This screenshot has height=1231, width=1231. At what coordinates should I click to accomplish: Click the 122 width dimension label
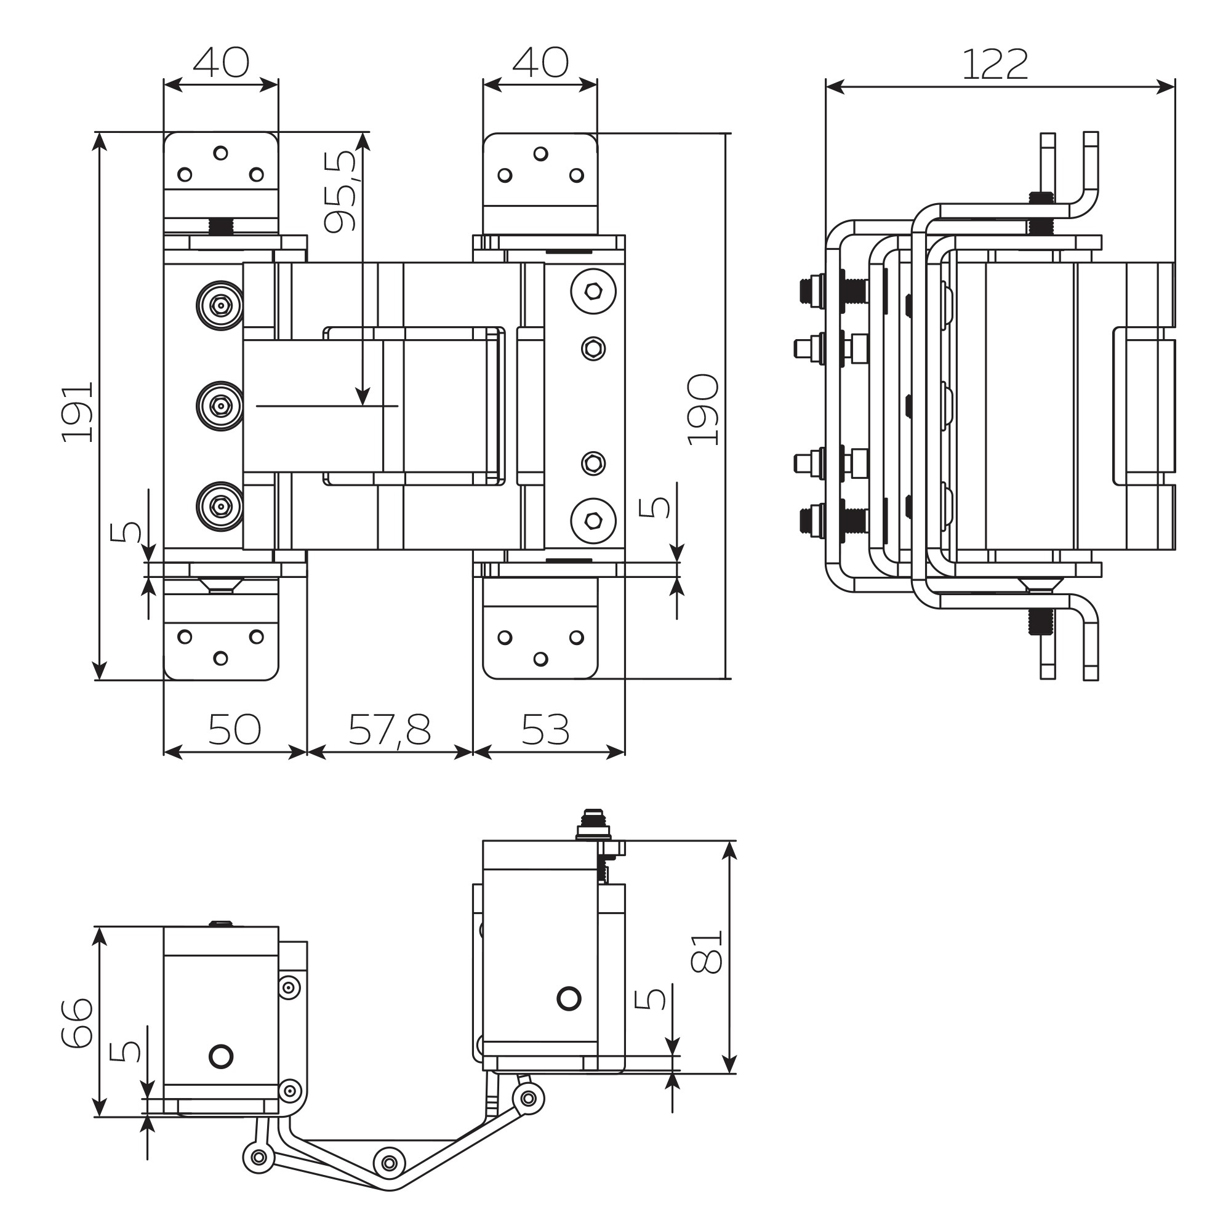(x=995, y=65)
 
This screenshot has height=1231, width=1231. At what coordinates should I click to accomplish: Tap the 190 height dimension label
(x=704, y=409)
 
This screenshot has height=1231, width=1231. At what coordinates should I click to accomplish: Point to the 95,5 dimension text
(x=342, y=191)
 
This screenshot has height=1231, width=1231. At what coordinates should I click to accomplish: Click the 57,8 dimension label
(x=390, y=729)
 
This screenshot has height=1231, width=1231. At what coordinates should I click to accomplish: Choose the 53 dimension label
(x=545, y=729)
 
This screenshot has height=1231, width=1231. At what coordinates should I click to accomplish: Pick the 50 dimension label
(x=235, y=729)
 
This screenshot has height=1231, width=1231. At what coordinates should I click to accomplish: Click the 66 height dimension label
(x=78, y=1022)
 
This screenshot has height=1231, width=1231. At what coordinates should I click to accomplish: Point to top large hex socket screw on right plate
(x=593, y=291)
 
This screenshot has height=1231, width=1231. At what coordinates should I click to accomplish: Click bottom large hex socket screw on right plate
(x=593, y=521)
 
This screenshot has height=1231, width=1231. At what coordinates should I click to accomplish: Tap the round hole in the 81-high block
(x=568, y=998)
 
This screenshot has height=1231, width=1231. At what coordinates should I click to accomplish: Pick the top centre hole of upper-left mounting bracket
(x=220, y=153)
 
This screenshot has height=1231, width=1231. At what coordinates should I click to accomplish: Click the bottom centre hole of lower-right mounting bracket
(x=540, y=659)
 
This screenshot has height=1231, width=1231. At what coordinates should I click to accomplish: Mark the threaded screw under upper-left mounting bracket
(x=220, y=225)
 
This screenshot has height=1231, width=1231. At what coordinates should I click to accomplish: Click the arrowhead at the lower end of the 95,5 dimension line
(x=363, y=398)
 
